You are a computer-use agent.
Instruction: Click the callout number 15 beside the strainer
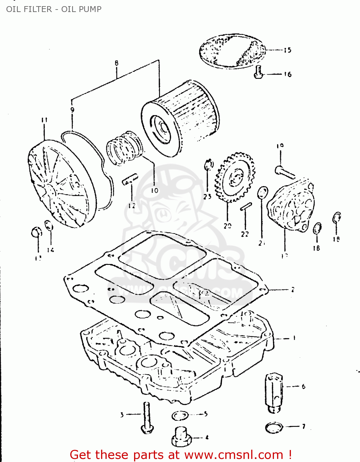coord(287,50)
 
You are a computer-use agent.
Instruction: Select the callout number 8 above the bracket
coord(117,63)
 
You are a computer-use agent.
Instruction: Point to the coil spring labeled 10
coord(124,148)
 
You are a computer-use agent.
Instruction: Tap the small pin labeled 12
coord(130,180)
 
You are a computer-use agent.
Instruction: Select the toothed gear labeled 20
coord(235,178)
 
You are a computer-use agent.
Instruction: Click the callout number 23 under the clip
coord(207,196)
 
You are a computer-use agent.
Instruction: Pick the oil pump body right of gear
coord(291,205)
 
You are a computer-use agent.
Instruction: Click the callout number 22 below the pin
coord(245,234)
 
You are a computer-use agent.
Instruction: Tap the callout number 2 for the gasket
coord(292,290)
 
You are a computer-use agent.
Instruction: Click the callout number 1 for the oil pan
coord(294,338)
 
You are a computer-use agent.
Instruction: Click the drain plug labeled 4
coord(181,436)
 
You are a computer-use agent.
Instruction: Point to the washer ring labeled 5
coord(180,416)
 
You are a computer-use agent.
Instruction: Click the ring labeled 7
coord(274,428)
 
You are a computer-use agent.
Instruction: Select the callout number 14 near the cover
coord(51,250)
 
